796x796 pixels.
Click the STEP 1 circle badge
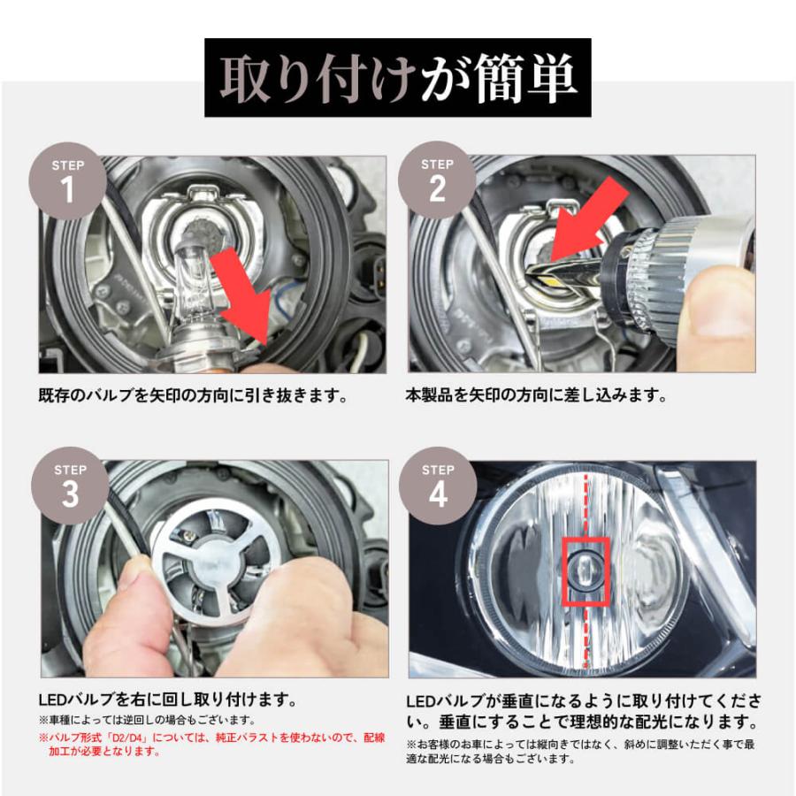(x=68, y=180)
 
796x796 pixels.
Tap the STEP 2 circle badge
(x=437, y=180)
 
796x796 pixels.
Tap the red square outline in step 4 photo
(x=586, y=570)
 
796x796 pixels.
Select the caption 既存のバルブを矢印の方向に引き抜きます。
(x=192, y=395)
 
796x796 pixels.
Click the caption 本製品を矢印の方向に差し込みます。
(x=536, y=395)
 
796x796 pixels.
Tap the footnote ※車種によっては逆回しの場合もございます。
(x=146, y=720)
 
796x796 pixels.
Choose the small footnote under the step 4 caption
(x=580, y=751)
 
